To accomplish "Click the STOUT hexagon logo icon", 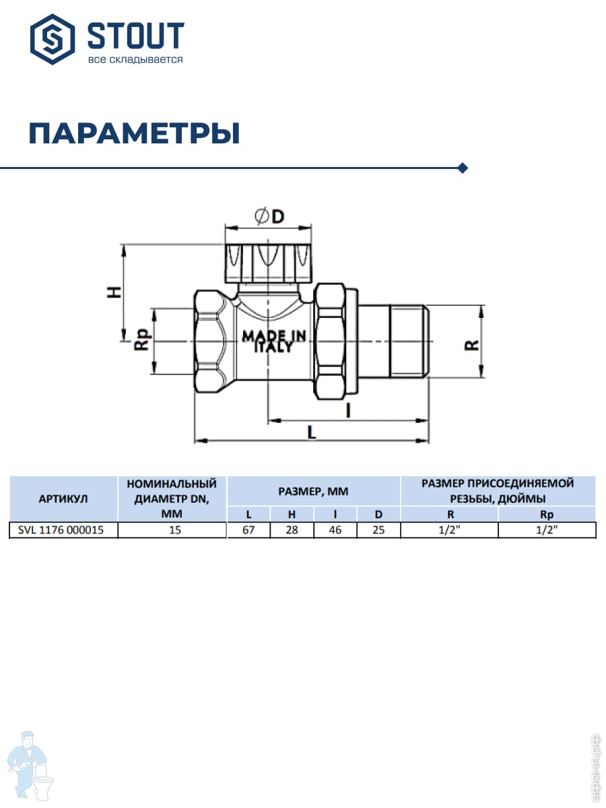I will [53, 39].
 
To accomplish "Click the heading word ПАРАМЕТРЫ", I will [134, 134].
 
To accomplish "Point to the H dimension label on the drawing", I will [116, 292].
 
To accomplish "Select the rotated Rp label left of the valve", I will [141, 342].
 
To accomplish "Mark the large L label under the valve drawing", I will [311, 433].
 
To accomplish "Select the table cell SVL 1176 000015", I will [63, 530].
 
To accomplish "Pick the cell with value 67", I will [248, 530].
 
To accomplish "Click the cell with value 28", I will [292, 530].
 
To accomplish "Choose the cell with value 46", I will [335, 530].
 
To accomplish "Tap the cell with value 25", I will [378, 530].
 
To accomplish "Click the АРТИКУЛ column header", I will [63, 499].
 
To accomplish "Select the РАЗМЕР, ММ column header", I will [313, 492].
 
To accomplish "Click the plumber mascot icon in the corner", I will [32, 765].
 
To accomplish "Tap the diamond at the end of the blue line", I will [463, 168].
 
